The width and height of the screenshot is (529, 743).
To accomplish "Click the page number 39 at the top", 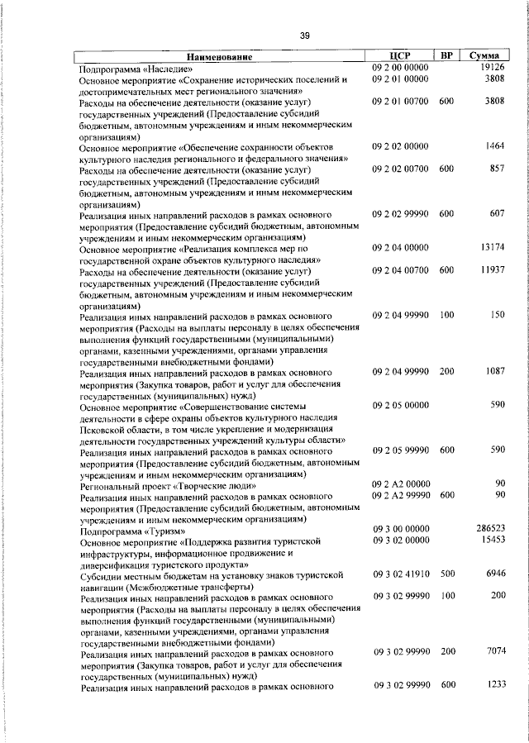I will [x=305, y=35].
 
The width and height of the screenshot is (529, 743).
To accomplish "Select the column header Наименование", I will [x=221, y=57].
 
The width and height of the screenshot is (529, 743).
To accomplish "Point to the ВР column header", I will [x=446, y=56].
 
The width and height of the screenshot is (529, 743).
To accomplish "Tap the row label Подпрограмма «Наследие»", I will [x=136, y=69].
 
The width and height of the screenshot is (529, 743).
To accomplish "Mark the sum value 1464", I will [x=494, y=146].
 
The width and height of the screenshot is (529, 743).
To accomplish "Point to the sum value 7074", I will [x=494, y=651].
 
